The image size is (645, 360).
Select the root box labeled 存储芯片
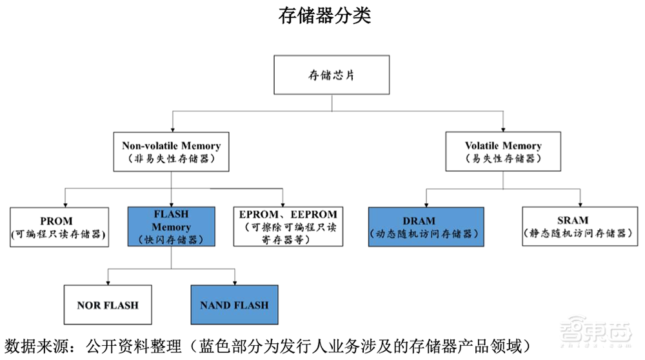click(332, 75)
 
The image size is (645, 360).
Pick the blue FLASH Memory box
click(171, 226)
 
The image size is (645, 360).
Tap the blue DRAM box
click(426, 226)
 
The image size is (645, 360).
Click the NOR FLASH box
click(108, 305)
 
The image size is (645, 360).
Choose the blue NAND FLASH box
click(235, 305)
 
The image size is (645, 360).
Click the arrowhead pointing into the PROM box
click(64, 203)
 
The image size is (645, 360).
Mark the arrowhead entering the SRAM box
click(579, 203)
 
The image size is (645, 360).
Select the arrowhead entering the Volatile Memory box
click(503, 129)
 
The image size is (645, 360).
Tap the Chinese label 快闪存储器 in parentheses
click(171, 239)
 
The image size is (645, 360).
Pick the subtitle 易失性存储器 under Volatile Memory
click(503, 158)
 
